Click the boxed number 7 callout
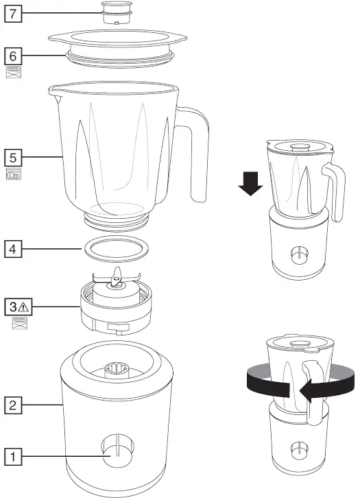click(14, 14)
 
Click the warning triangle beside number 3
click(23, 305)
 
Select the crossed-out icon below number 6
click(14, 71)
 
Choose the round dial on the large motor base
click(115, 454)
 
